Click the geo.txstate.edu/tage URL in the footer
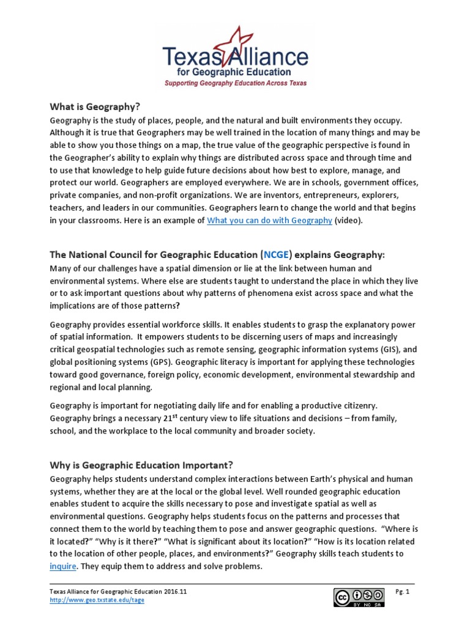(97, 600)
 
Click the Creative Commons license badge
(359, 597)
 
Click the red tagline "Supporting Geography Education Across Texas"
(235, 83)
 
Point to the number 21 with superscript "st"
(171, 419)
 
